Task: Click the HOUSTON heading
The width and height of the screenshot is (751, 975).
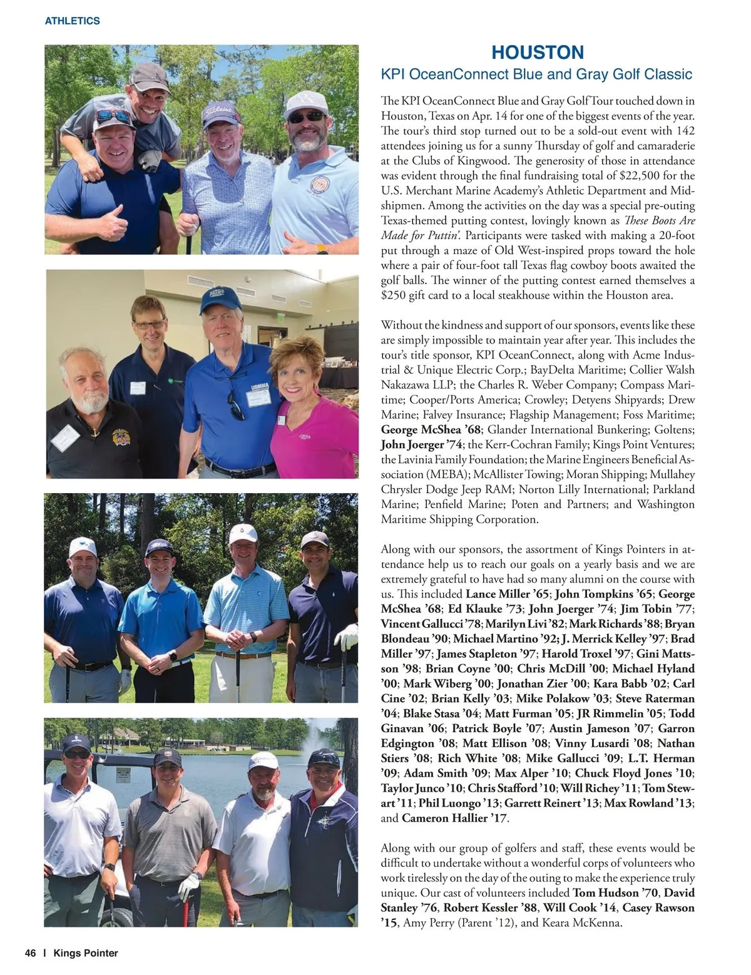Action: click(538, 52)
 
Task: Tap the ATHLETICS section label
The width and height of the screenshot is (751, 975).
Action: click(73, 21)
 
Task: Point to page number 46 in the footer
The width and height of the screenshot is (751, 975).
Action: click(30, 953)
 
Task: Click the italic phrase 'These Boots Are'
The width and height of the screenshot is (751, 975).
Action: click(661, 221)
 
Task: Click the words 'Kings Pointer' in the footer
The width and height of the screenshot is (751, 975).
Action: click(86, 953)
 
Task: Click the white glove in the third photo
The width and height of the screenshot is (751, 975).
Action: click(346, 637)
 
